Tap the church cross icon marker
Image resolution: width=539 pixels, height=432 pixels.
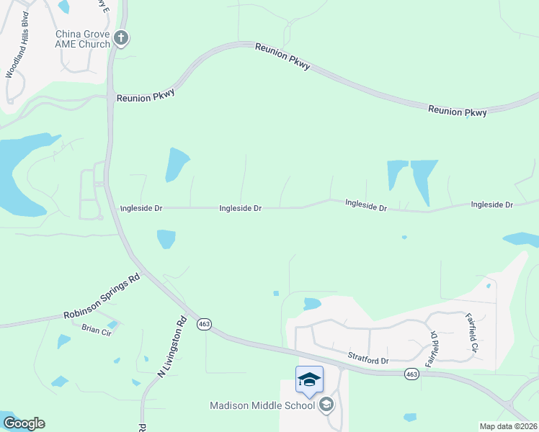pyautogui.click(x=122, y=38)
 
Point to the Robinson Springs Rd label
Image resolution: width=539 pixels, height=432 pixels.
pyautogui.click(x=101, y=297)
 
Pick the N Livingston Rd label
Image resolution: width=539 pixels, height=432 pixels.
pyautogui.click(x=171, y=347)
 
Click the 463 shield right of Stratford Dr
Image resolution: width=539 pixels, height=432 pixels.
pyautogui.click(x=411, y=374)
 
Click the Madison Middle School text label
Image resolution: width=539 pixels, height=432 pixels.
pyautogui.click(x=262, y=405)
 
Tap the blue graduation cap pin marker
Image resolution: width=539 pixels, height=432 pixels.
pyautogui.click(x=309, y=379)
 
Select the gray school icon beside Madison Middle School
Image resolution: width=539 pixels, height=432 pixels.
pyautogui.click(x=327, y=405)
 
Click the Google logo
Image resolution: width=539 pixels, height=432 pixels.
pyautogui.click(x=24, y=423)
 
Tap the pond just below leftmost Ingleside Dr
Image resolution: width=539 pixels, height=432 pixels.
pyautogui.click(x=166, y=238)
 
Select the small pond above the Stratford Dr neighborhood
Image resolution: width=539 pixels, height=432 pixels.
pyautogui.click(x=312, y=303)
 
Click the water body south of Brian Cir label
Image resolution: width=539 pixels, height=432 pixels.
pyautogui.click(x=63, y=341)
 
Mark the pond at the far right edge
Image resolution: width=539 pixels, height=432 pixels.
pyautogui.click(x=522, y=239)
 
